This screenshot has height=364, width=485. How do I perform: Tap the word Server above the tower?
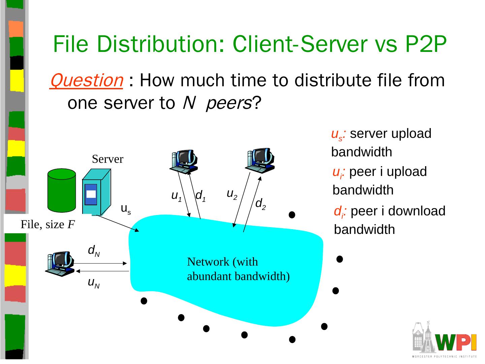point(107,159)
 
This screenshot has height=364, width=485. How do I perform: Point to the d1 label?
point(201,195)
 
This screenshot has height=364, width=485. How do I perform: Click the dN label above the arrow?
point(94,251)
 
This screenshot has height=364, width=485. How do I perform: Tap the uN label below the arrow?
point(94,283)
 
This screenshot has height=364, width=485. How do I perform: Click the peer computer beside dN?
point(60,264)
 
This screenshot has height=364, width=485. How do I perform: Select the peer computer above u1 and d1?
point(183,161)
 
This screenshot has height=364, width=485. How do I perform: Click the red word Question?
point(86,81)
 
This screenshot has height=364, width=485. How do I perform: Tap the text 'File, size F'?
point(47,224)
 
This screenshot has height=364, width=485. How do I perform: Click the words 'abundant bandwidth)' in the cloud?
point(238,276)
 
